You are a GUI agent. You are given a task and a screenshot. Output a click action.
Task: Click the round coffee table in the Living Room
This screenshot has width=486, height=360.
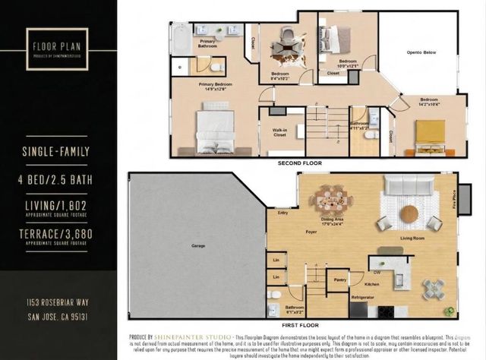click(409, 214)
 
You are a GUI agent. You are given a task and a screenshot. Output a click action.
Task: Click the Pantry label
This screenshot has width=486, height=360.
click(339, 279)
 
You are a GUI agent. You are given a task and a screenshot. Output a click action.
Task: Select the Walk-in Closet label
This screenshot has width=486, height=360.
click(279, 134)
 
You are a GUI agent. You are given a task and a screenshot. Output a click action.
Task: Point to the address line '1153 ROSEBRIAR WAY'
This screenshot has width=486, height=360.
click(58, 302)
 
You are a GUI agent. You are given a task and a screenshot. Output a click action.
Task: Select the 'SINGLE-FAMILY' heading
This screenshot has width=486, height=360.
click(58, 152)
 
